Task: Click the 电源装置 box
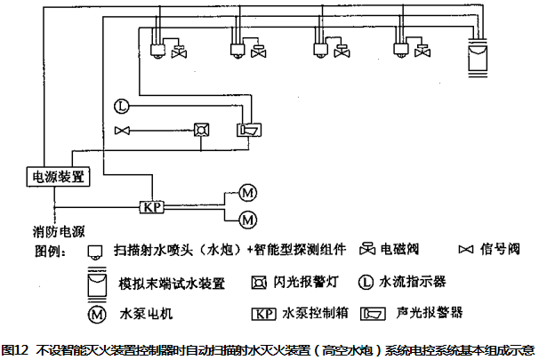[x=59, y=176]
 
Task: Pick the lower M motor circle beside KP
[x=248, y=218]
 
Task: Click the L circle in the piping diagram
[x=122, y=108]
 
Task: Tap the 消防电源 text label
[x=60, y=230]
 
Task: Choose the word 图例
[x=50, y=250]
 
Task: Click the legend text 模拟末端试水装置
[x=171, y=284]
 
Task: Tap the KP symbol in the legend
[x=262, y=314]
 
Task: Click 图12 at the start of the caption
[x=15, y=350]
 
